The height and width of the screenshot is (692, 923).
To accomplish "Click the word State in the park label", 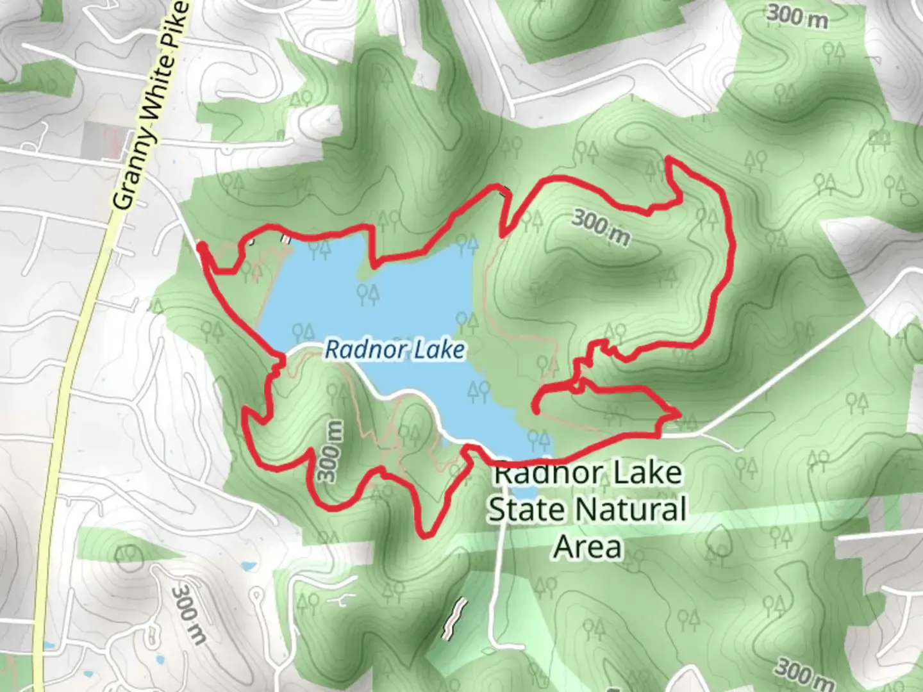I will tap(526, 510).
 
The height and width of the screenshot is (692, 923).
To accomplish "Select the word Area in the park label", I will tap(588, 547).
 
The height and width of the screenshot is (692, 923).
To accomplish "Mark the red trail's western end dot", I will tap(201, 246).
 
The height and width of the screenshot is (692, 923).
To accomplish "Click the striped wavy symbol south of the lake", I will tap(453, 619).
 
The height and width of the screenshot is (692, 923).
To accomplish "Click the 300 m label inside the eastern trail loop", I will tap(601, 227).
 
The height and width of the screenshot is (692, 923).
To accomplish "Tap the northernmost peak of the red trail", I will tap(669, 158).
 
